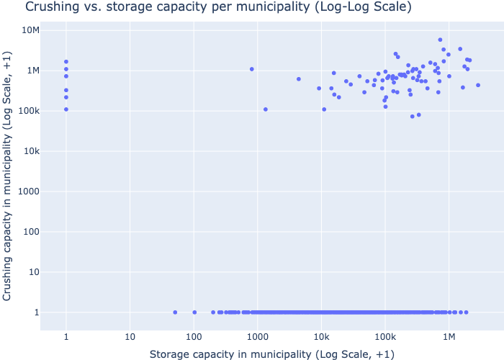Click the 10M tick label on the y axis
(x=30, y=30)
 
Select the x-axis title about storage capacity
(x=272, y=354)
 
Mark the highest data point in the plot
(x=440, y=40)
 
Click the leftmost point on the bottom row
(x=175, y=312)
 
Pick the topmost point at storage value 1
(x=66, y=62)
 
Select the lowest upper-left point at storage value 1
(x=66, y=109)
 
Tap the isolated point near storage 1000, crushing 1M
(x=252, y=69)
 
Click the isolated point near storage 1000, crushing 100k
(x=266, y=109)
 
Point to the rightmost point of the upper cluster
(x=477, y=85)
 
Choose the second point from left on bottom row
(x=194, y=312)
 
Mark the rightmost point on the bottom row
(x=466, y=312)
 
